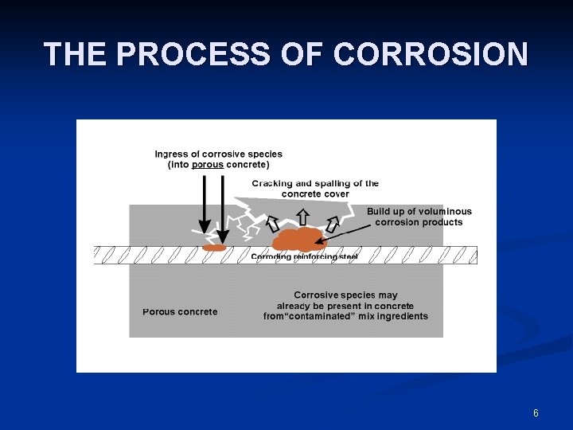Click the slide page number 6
[x=536, y=413]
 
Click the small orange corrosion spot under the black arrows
[x=214, y=248]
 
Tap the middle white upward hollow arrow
[x=302, y=216]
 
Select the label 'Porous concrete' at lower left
[x=180, y=311]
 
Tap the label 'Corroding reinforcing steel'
[x=305, y=256]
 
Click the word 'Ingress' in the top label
[x=171, y=154]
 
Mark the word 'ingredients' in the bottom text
[x=401, y=316]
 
